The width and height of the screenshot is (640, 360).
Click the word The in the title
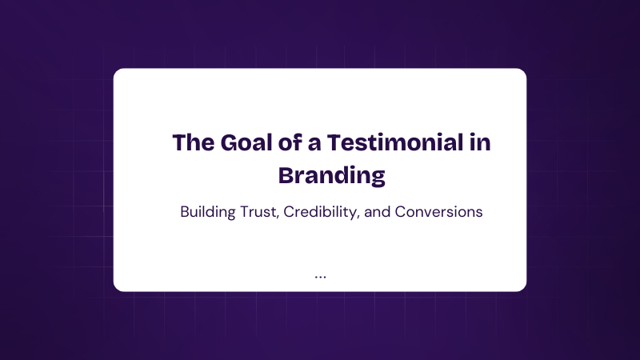click(194, 142)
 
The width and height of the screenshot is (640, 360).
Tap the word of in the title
click(290, 142)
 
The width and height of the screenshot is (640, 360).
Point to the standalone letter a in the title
click(314, 145)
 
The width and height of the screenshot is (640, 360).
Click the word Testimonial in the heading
click(395, 142)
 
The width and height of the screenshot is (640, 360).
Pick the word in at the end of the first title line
click(480, 142)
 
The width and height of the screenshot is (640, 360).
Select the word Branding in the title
click(332, 176)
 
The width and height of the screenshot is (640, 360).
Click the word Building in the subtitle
click(208, 212)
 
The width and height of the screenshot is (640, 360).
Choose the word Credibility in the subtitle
click(320, 212)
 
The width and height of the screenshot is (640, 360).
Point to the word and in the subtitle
click(377, 212)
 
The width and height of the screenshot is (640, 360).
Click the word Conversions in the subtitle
click(438, 212)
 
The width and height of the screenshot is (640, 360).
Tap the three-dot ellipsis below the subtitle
click(321, 277)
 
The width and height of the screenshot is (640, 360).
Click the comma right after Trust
click(278, 218)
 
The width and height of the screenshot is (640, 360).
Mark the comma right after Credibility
click(358, 218)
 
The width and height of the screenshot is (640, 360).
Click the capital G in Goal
click(230, 142)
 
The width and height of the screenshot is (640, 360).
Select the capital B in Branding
click(286, 175)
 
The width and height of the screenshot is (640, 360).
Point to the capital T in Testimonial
click(334, 142)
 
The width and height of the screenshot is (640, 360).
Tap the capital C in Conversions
click(401, 212)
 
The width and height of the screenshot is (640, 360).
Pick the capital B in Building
click(186, 212)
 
